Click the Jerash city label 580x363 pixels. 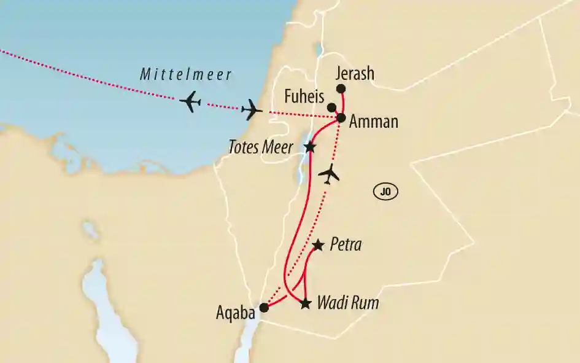[355, 74]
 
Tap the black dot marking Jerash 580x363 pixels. [341, 88]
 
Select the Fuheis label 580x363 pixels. [304, 96]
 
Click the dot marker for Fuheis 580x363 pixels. [331, 107]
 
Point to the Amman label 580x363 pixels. [373, 122]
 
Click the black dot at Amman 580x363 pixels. [341, 117]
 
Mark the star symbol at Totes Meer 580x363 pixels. [310, 147]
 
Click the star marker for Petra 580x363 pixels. [318, 246]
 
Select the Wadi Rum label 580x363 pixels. [347, 303]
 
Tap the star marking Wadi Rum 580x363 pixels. [305, 303]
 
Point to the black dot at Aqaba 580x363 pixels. [264, 308]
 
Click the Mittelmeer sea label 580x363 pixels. [185, 76]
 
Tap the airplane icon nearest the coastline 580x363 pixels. [252, 111]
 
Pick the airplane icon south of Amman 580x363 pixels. [330, 174]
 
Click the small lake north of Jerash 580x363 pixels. [319, 49]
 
